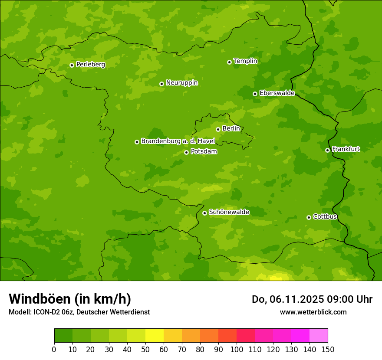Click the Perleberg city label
click(90, 65)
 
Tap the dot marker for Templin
click(229, 62)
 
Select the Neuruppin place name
click(181, 83)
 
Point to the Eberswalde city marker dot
click(255, 94)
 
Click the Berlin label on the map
click(231, 129)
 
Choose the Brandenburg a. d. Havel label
click(178, 141)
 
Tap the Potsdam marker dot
click(186, 152)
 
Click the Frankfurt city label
click(346, 149)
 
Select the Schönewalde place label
click(229, 212)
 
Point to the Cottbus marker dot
click(309, 217)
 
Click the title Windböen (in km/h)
click(70, 299)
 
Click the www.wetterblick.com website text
click(313, 312)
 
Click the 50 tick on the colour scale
click(145, 349)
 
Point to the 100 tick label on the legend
click(237, 349)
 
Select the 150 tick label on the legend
click(328, 349)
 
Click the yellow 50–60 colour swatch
click(155, 336)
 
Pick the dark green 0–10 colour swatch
click(63, 336)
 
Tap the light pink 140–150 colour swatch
click(319, 336)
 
